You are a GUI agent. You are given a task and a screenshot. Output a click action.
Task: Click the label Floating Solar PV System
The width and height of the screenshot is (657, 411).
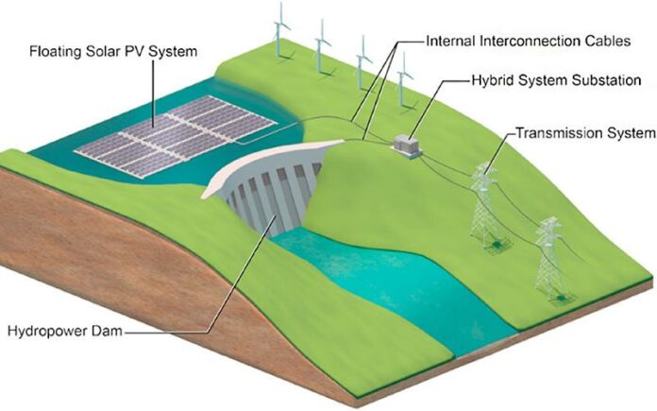(113, 52)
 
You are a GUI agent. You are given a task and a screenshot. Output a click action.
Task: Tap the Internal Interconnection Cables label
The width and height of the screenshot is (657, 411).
(529, 42)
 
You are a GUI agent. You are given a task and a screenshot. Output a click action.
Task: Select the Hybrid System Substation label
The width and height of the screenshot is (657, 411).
(556, 80)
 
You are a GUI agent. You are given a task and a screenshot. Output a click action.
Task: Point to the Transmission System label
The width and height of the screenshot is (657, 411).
(585, 133)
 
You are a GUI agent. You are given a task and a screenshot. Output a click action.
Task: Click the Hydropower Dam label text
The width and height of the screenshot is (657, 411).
(65, 331)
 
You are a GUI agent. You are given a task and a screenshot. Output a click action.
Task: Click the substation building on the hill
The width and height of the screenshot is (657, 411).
(407, 146)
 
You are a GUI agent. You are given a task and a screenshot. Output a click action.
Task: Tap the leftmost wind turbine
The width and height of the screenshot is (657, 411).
(281, 30)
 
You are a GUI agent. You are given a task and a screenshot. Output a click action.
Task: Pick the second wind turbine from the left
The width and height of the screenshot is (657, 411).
(322, 47)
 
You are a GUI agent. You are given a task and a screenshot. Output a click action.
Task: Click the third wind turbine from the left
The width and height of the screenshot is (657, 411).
(362, 63)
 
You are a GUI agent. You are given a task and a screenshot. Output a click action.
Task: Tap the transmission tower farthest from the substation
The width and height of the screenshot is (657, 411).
(552, 260)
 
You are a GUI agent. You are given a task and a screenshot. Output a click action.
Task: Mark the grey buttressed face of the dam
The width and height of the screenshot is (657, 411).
(275, 197)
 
